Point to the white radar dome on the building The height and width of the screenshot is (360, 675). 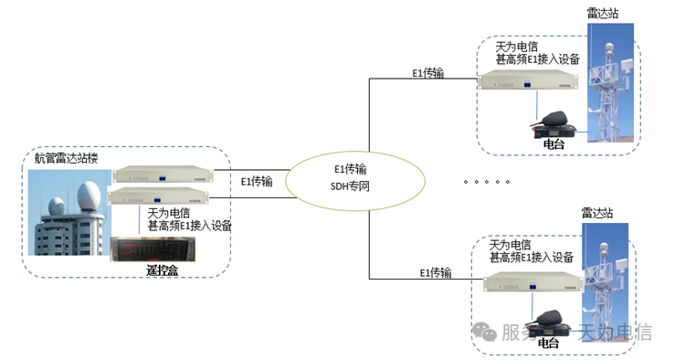[90, 196]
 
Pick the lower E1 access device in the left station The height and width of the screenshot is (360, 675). [157, 196]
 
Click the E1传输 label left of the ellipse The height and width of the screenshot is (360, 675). [257, 181]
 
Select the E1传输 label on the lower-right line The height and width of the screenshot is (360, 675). [436, 272]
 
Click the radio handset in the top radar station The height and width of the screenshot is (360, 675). [554, 122]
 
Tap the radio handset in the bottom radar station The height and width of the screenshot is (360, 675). [550, 321]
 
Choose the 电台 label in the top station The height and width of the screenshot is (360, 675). [554, 143]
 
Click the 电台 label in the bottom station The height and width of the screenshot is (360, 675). [548, 343]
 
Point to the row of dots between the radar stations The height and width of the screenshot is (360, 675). [487, 182]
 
